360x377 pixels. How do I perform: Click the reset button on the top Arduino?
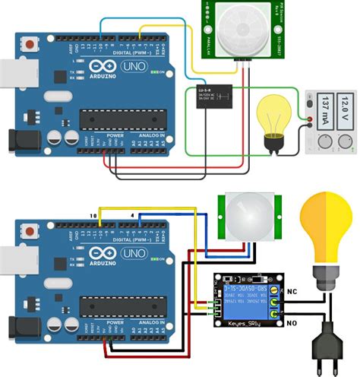tap(30, 46)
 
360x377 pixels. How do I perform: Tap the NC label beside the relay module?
tap(292, 291)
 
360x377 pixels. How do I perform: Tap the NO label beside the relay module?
tap(292, 322)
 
